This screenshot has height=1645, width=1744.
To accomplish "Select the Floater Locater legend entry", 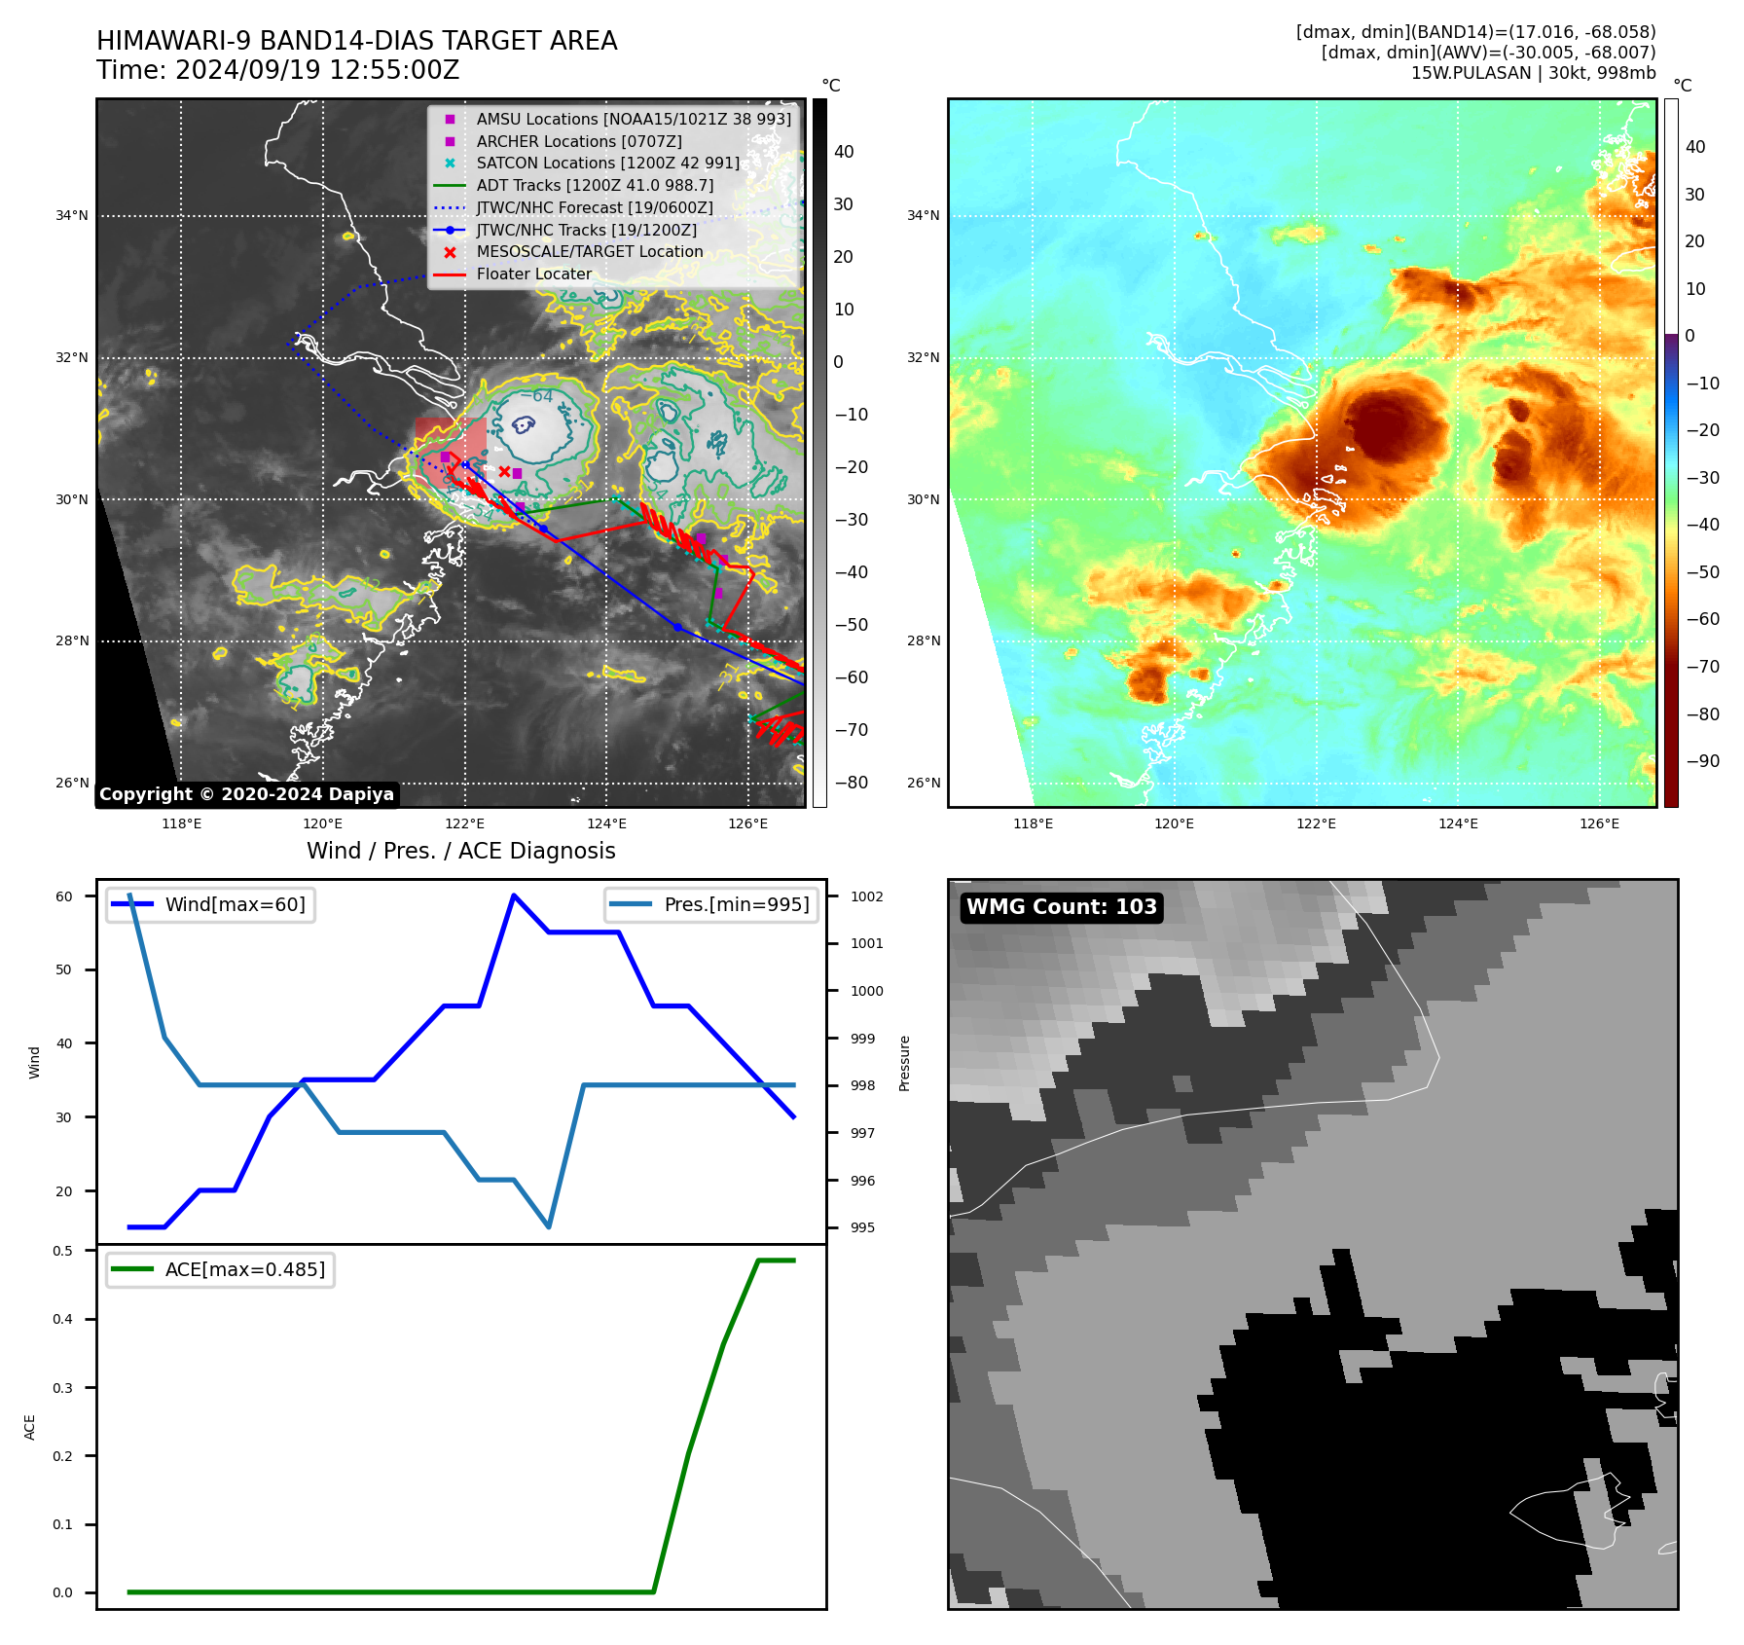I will [533, 274].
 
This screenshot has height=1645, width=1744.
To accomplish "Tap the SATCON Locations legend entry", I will [607, 164].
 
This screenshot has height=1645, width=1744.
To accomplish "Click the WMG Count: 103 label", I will [1061, 907].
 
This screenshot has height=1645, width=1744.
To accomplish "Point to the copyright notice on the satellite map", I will [246, 794].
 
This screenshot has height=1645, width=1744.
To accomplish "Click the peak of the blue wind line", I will [514, 896].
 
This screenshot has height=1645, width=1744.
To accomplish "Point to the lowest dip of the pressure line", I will [549, 1226].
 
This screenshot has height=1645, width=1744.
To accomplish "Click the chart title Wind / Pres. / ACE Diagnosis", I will [460, 852].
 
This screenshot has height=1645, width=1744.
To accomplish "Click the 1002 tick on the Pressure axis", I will [866, 896].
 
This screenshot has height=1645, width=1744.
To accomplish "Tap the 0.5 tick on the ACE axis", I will [62, 1252].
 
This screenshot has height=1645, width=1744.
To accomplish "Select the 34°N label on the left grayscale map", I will [71, 216].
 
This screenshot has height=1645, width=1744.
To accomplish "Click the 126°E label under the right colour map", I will [1599, 824].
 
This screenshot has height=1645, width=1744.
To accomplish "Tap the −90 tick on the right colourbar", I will [1702, 761].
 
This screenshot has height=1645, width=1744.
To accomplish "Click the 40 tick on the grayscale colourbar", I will [843, 152].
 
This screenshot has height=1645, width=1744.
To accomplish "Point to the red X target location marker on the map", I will [504, 472].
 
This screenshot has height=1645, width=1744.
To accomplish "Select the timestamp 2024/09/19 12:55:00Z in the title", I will [316, 71].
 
